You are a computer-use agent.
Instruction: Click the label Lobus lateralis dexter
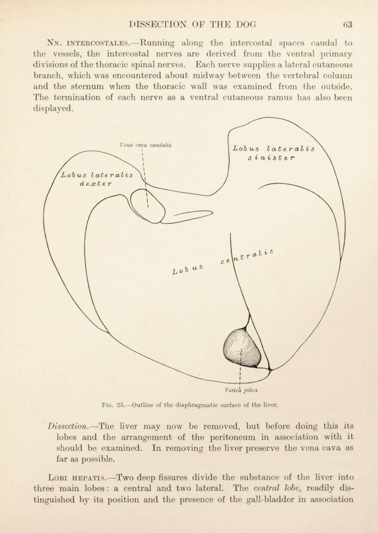click(100, 175)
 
